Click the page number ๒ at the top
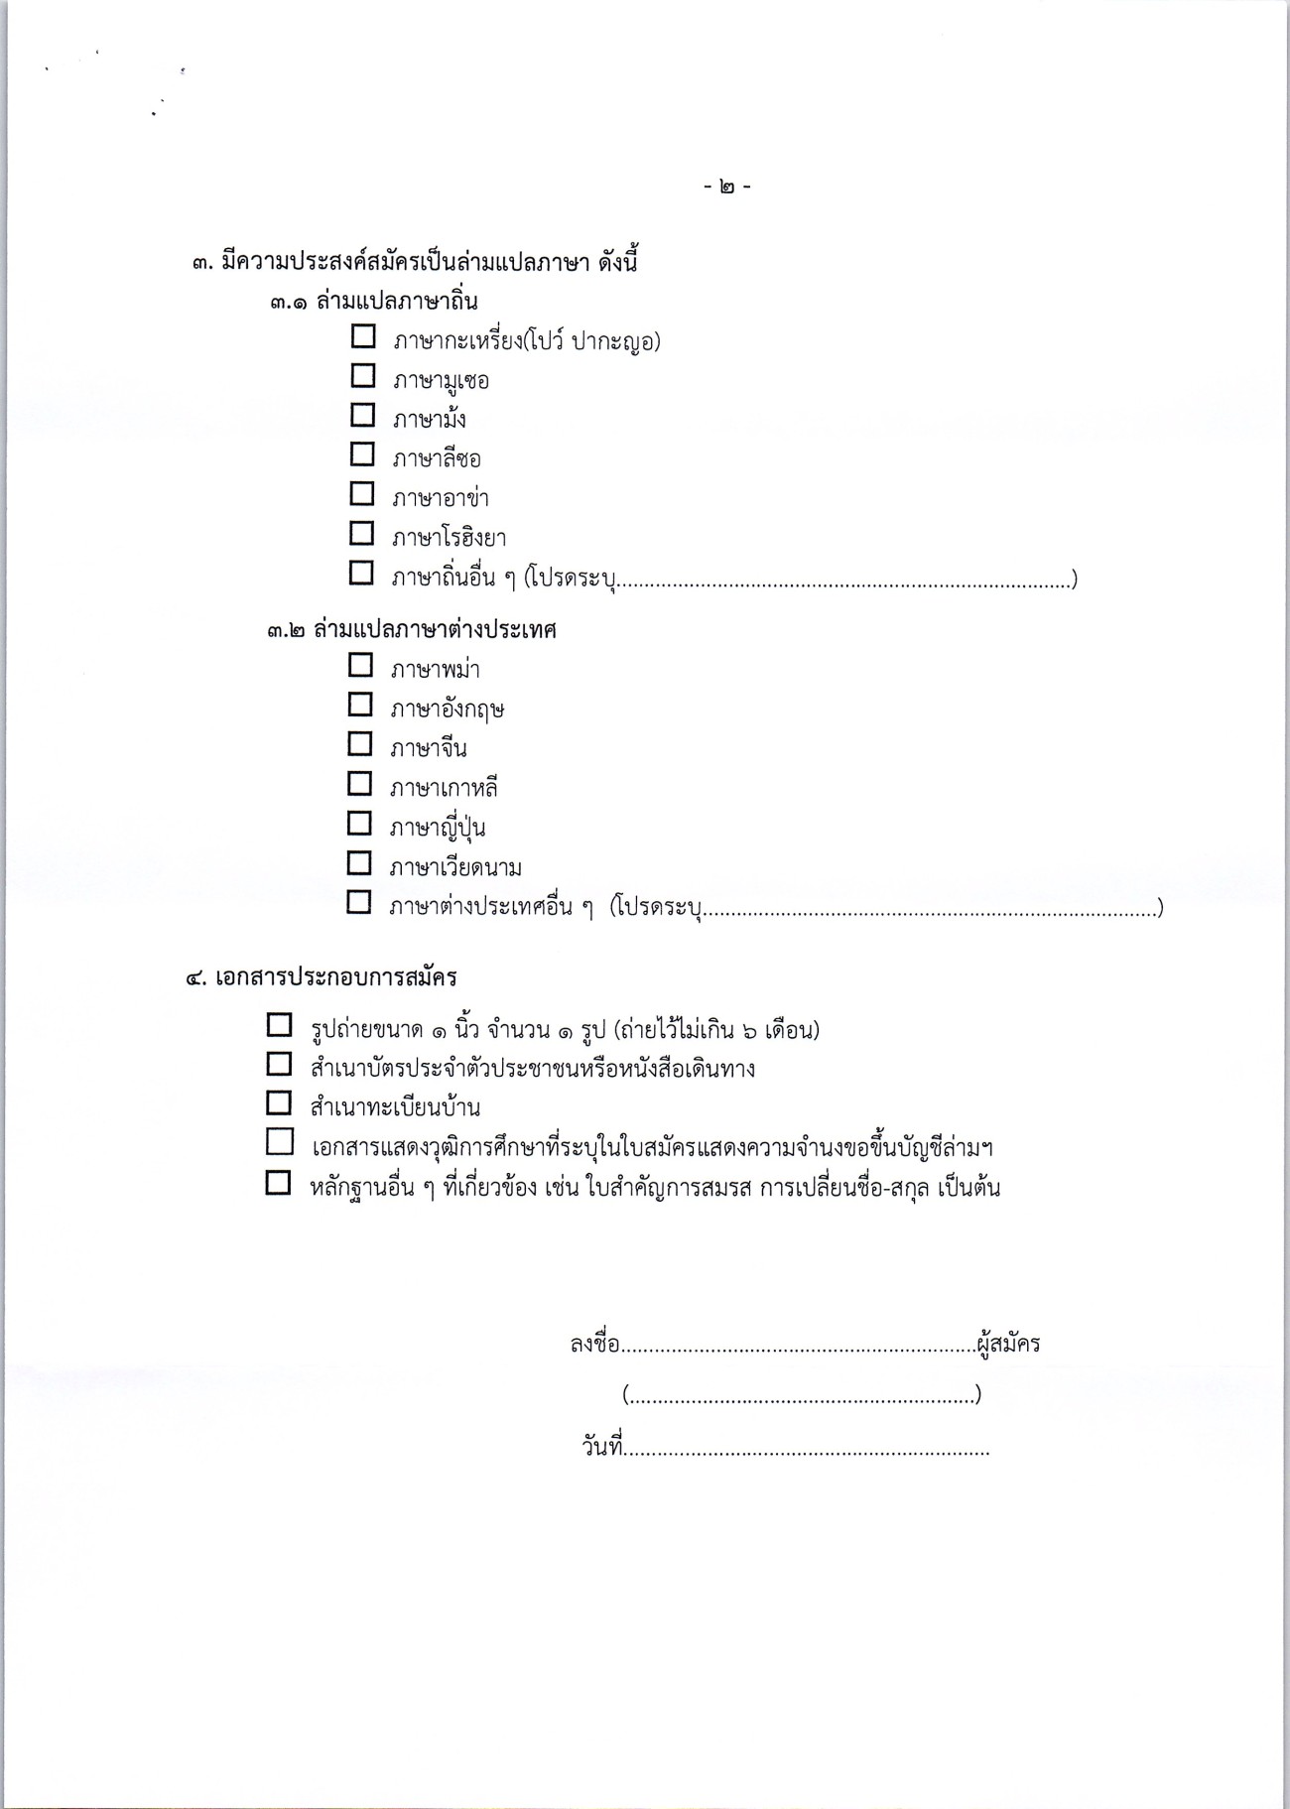[727, 188]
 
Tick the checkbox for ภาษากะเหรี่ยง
[363, 336]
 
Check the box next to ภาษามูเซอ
[363, 376]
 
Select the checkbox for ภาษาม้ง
[363, 415]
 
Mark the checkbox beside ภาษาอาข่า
[363, 494]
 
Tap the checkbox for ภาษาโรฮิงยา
[363, 534]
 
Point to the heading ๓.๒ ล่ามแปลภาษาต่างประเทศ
[411, 630]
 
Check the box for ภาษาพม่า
[360, 665]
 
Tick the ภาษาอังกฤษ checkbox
[360, 705]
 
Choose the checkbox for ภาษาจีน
[360, 744]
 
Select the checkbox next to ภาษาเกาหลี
[360, 784]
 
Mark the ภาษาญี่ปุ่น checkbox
[360, 824]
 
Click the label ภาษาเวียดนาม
[455, 868]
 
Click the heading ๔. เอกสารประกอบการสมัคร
[322, 977]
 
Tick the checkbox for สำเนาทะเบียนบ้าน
[279, 1103]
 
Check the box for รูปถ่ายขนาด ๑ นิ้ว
[279, 1025]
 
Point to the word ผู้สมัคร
[1008, 1345]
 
